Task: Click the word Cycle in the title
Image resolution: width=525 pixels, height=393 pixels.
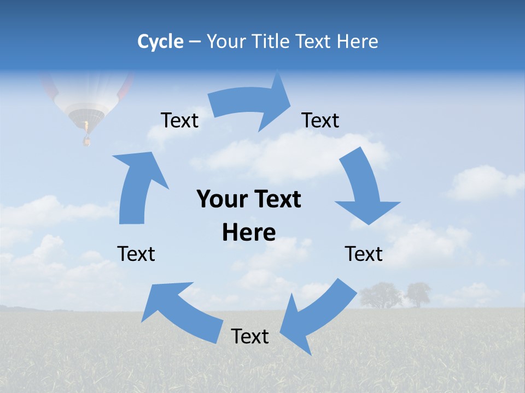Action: (x=160, y=41)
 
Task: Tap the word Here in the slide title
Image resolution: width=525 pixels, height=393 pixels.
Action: (x=358, y=41)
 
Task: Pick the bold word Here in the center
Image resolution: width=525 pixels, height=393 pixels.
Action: (x=249, y=233)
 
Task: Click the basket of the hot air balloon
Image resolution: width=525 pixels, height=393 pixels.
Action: (x=86, y=141)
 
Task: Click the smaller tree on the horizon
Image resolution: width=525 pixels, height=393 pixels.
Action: (x=418, y=293)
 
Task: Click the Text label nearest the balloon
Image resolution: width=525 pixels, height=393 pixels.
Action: (x=179, y=120)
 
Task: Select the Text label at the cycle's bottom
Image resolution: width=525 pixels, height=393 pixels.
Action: (x=250, y=336)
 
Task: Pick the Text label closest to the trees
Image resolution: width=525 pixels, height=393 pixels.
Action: (x=364, y=254)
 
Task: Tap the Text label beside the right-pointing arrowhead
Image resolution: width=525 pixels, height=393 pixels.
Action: (x=320, y=120)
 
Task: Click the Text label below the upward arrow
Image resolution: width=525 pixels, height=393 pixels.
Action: (x=136, y=254)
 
